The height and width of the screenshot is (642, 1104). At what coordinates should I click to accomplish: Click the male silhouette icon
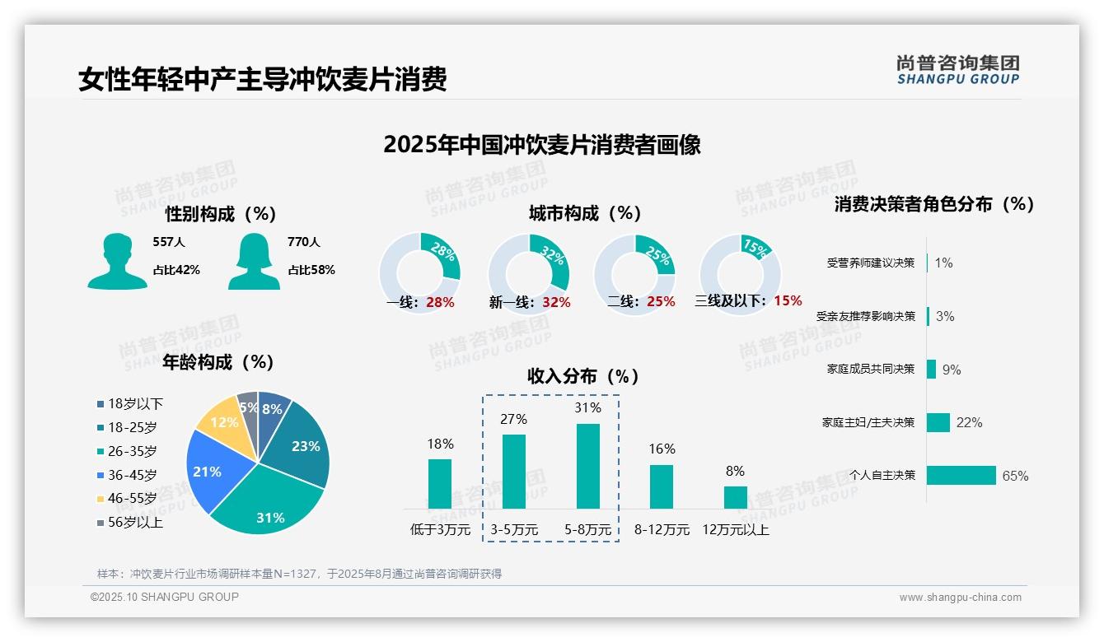point(118,261)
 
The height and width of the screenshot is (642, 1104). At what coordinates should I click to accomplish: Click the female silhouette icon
point(254,261)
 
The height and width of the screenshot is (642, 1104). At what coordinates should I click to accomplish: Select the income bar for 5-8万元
point(587,467)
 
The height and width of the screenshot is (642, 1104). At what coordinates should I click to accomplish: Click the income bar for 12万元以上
point(735,497)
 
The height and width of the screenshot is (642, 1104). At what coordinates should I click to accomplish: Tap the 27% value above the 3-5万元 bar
point(513,419)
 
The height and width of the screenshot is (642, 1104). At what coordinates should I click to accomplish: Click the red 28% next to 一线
point(440,302)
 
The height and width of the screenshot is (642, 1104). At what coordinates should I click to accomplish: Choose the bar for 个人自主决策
point(961,475)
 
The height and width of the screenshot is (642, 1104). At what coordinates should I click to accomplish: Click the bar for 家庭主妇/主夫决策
point(938,422)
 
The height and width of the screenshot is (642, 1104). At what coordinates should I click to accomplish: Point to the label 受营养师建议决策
point(870,263)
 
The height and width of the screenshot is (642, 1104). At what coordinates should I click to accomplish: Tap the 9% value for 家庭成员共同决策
point(951,370)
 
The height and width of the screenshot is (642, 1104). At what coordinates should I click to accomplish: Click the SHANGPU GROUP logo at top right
point(957,70)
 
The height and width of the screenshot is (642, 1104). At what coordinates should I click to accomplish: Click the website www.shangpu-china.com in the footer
point(960,598)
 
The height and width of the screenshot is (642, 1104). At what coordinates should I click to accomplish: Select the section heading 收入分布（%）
point(583,376)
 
